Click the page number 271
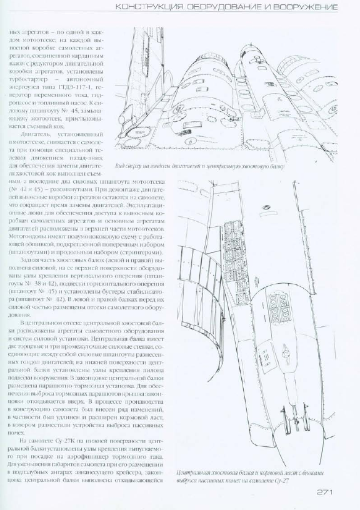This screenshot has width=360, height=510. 327,492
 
